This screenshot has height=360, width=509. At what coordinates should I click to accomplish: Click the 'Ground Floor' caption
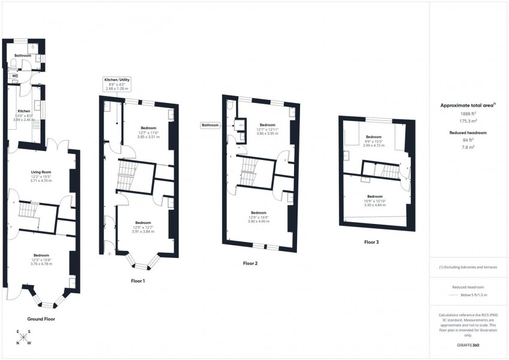pyautogui.click(x=41, y=319)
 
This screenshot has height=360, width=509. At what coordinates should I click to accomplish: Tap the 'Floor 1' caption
pyautogui.click(x=138, y=280)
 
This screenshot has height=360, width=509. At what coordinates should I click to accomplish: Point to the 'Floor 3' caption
pyautogui.click(x=371, y=243)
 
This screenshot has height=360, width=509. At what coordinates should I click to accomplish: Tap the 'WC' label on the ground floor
pyautogui.click(x=14, y=75)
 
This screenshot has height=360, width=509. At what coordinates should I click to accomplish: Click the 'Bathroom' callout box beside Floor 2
pyautogui.click(x=210, y=125)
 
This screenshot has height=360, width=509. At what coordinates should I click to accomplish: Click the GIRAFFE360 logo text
pyautogui.click(x=468, y=345)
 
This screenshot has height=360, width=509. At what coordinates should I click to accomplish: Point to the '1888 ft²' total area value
pyautogui.click(x=467, y=114)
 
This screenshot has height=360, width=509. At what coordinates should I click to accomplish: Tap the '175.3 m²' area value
pyautogui.click(x=467, y=120)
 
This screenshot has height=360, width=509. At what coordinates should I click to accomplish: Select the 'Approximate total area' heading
pyautogui.click(x=467, y=105)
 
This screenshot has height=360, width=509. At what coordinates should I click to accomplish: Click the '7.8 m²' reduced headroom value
pyautogui.click(x=467, y=147)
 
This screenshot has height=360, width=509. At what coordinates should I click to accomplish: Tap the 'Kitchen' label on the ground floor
pyautogui.click(x=24, y=111)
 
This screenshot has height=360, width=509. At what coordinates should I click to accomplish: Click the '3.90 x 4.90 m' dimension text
pyautogui.click(x=259, y=222)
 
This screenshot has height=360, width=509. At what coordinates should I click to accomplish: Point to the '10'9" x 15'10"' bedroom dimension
pyautogui.click(x=374, y=201)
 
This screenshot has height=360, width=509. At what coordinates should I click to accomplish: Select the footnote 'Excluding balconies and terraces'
pyautogui.click(x=469, y=267)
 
